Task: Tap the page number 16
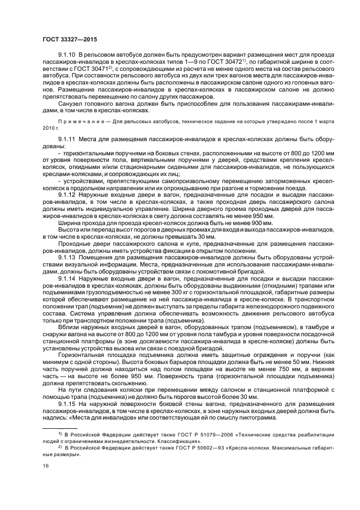coord(45,466)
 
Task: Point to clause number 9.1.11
coord(66,140)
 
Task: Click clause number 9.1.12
coord(66,194)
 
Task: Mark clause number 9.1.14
coord(66,278)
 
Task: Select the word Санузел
coord(70,104)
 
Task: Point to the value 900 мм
coord(260,223)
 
